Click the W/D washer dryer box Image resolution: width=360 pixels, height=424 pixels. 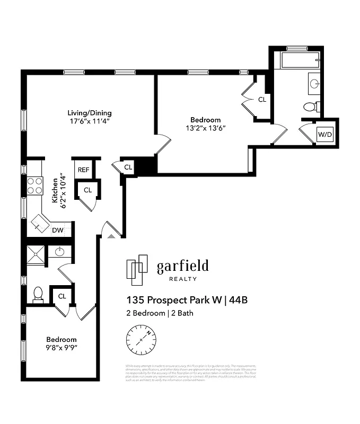[x=324, y=135]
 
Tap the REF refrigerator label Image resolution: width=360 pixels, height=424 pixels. [x=83, y=170]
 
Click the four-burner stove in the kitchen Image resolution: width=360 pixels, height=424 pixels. [x=35, y=186]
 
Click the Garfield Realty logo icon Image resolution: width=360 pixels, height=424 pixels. [x=137, y=269]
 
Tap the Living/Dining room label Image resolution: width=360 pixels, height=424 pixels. [x=89, y=113]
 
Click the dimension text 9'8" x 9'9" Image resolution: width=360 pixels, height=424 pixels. [x=61, y=348]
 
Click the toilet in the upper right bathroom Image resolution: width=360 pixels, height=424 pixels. [x=311, y=107]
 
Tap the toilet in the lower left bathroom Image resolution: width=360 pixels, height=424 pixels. [x=38, y=294]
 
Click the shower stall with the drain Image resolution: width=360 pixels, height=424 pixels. [x=36, y=255]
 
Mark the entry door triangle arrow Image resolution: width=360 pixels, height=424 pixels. [x=110, y=235]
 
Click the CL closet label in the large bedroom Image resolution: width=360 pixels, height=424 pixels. [x=262, y=99]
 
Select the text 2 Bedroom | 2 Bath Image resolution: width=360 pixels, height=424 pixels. [x=160, y=313]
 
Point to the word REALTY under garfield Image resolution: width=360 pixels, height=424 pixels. [x=182, y=279]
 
